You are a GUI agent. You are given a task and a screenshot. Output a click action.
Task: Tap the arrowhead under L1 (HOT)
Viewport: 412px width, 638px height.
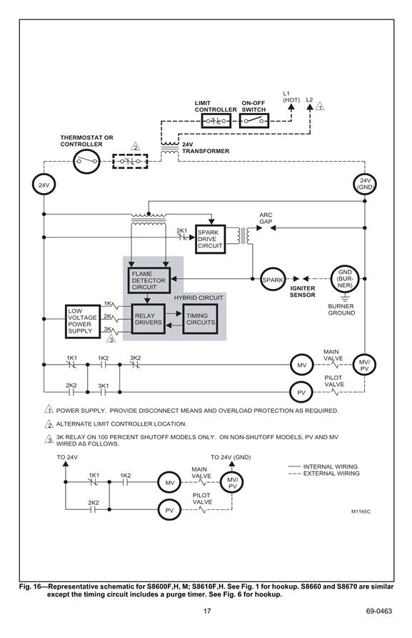click(291, 107)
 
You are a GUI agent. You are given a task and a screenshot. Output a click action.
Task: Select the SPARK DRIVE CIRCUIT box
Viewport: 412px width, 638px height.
click(210, 239)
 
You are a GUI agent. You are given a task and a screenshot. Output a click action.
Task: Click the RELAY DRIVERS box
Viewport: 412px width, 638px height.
click(149, 319)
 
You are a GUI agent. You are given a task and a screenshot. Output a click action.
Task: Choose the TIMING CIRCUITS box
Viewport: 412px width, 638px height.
click(201, 319)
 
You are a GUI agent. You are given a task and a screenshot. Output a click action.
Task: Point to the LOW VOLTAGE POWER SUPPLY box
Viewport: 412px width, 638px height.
click(83, 321)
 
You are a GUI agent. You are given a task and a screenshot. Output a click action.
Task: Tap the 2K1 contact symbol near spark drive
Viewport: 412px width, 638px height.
click(181, 237)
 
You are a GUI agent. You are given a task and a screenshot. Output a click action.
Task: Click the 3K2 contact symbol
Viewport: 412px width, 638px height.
click(135, 365)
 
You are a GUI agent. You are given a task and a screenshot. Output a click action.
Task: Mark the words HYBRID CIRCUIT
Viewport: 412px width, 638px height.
click(199, 298)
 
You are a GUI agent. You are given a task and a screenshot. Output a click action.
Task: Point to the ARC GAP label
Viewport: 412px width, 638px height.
click(266, 218)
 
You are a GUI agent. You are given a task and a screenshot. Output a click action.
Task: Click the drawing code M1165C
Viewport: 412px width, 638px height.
click(361, 511)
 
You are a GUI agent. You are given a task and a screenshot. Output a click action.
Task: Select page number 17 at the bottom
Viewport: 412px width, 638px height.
click(207, 611)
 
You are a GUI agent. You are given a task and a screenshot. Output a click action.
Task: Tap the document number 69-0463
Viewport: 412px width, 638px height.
click(378, 611)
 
